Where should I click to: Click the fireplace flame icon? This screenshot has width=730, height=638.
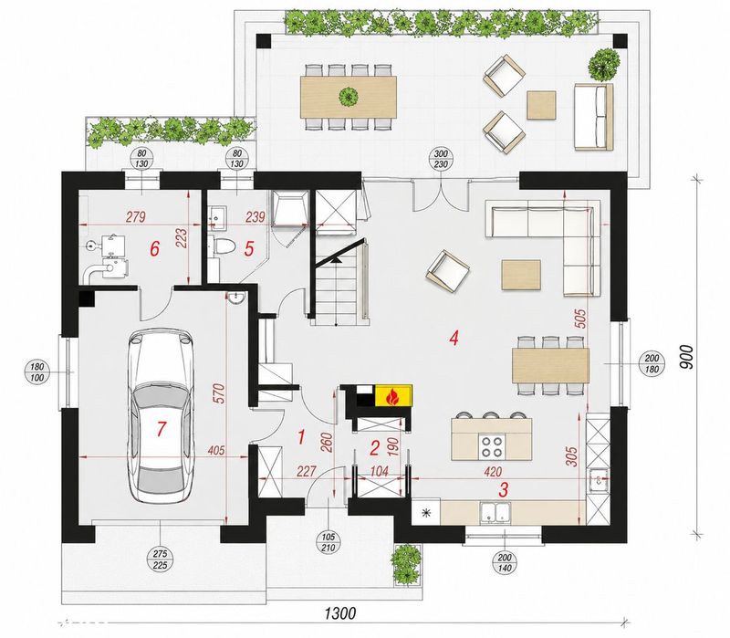pyautogui.click(x=393, y=397)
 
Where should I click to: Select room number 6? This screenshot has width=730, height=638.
pyautogui.click(x=154, y=248)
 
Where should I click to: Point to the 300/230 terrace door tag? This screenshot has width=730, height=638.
pyautogui.click(x=441, y=159)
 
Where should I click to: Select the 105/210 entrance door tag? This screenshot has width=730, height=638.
pyautogui.click(x=328, y=542)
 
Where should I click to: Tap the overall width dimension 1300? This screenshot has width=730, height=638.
pyautogui.click(x=340, y=613)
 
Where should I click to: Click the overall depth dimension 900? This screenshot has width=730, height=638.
pyautogui.click(x=686, y=357)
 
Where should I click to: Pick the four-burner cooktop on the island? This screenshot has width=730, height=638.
pyautogui.click(x=492, y=445)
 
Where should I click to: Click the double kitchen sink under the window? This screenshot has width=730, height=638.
pyautogui.click(x=495, y=513)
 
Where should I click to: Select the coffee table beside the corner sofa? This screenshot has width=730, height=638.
pyautogui.click(x=521, y=275)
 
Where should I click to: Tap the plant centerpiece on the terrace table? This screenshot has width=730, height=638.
pyautogui.click(x=349, y=97)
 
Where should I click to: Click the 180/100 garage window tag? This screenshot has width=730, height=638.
pyautogui.click(x=37, y=371)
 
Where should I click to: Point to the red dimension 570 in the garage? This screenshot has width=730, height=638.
pyautogui.click(x=219, y=392)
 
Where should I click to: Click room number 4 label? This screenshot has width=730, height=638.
pyautogui.click(x=454, y=338)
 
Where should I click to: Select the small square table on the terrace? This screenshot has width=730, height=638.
pyautogui.click(x=541, y=105)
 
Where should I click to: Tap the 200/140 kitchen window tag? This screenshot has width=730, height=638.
pyautogui.click(x=505, y=562)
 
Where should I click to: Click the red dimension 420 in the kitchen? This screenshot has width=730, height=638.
pyautogui.click(x=493, y=472)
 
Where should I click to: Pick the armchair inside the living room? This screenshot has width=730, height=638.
pyautogui.click(x=447, y=271)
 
